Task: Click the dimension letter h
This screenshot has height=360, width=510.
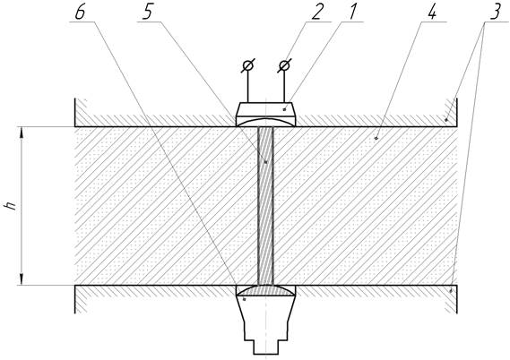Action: click(12, 206)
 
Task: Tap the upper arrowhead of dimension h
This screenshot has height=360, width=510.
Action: click(22, 133)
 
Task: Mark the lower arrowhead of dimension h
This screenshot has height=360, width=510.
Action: click(22, 279)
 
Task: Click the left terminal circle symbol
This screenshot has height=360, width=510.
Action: click(248, 66)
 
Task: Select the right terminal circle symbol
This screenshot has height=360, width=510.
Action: click(285, 66)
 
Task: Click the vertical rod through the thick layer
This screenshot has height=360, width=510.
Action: click(265, 206)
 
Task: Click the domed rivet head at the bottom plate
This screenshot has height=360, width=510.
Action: click(265, 291)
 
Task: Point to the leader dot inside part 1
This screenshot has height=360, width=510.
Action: click(285, 109)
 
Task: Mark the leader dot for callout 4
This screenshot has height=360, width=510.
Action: click(376, 139)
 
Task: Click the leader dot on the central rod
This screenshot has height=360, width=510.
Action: click(266, 162)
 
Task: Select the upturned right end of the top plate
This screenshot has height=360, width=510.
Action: click(452, 112)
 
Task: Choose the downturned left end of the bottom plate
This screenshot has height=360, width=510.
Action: click(81, 299)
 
